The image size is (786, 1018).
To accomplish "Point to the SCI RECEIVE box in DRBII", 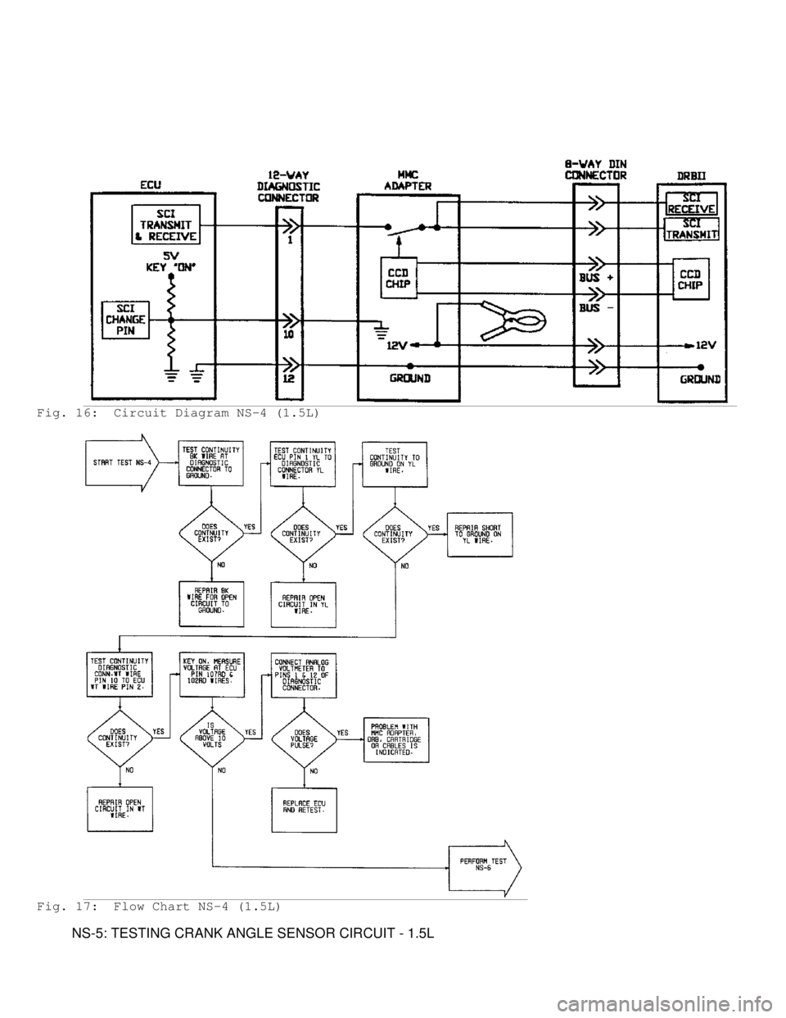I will pyautogui.click(x=691, y=202).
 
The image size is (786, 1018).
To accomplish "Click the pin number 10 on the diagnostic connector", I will pyautogui.click(x=290, y=334).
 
